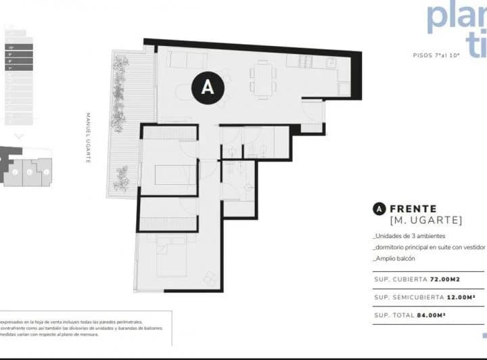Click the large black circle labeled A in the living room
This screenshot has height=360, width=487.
click(x=208, y=87)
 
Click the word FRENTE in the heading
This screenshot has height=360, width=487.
click(x=413, y=209)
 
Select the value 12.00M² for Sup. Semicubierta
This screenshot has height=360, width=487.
click(x=466, y=297)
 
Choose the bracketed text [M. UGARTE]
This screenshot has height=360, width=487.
click(x=426, y=221)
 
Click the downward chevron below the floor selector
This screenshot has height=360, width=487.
click(x=18, y=135)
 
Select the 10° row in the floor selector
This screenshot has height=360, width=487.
click(x=19, y=47)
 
